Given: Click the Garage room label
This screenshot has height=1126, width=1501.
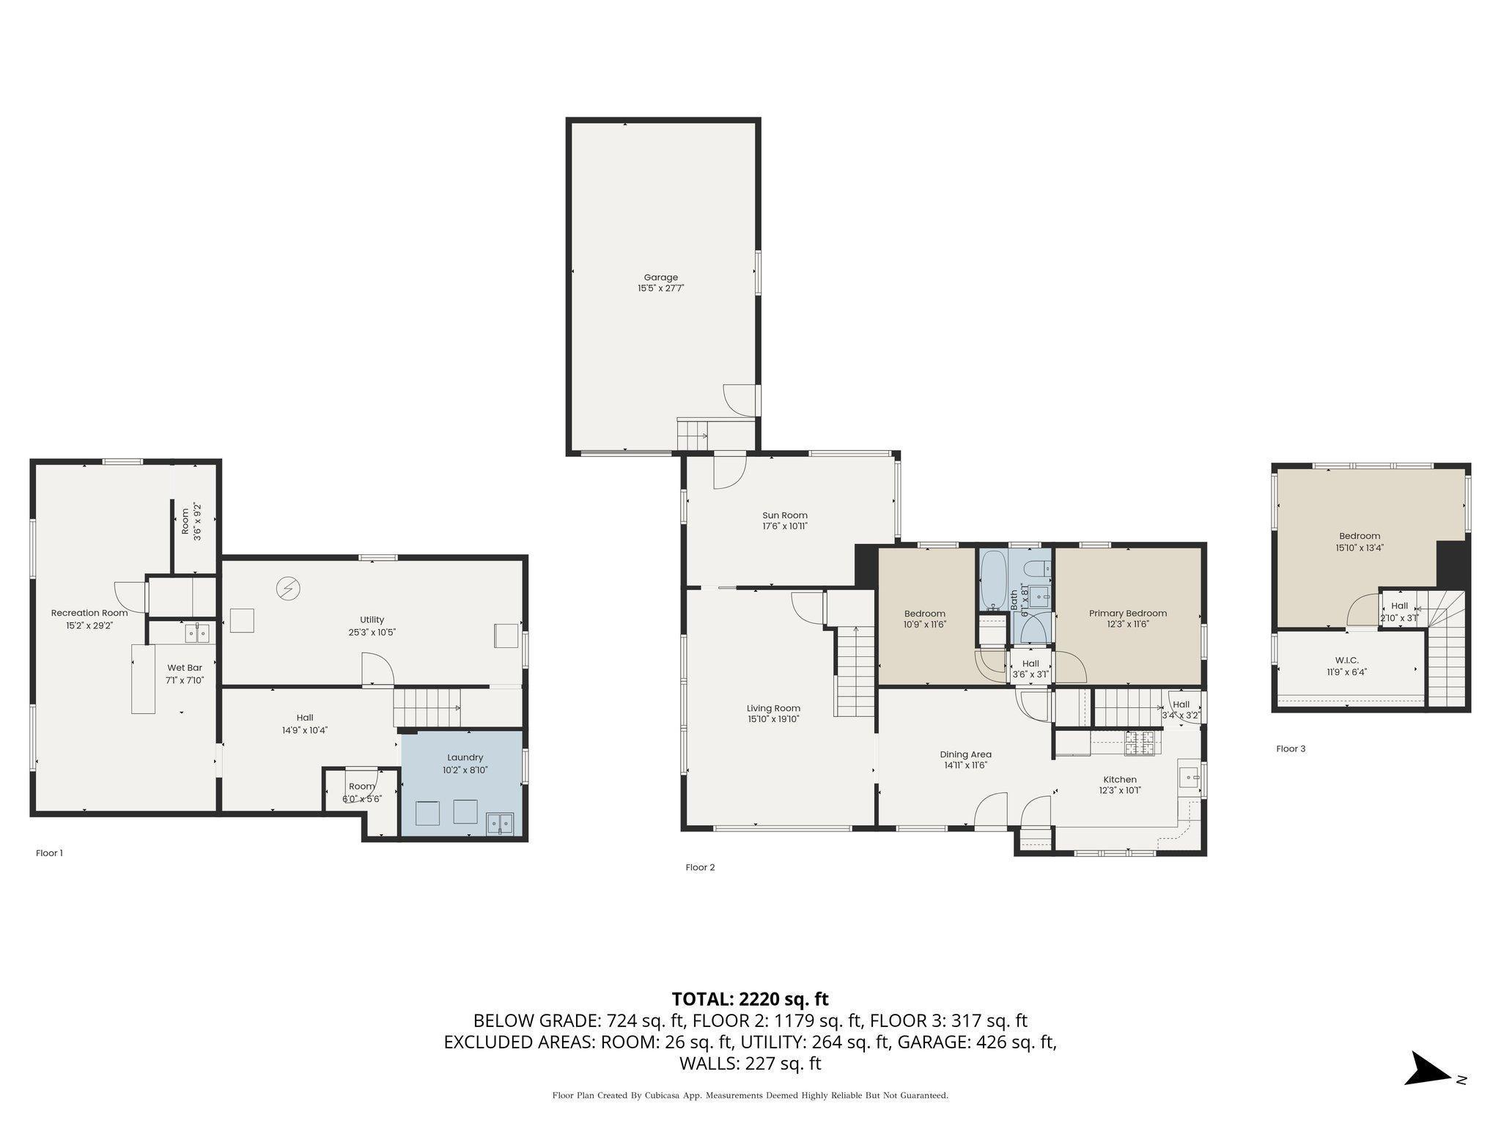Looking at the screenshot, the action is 660,277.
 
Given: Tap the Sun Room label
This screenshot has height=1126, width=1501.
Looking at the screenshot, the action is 784,515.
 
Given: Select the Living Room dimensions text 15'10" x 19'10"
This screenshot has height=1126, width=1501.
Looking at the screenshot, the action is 773,719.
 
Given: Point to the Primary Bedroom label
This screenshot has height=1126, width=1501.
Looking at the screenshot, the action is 1127,614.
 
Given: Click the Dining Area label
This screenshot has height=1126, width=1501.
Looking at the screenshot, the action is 965,754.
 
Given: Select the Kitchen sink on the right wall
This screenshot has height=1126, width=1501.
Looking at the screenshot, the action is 1190,775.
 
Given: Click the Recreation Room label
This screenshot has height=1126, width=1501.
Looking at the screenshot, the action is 89,613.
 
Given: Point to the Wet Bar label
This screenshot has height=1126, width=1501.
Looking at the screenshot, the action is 185,668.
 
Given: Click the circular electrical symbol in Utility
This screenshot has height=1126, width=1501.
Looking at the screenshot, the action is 288,587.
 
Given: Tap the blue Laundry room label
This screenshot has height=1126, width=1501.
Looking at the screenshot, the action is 465,757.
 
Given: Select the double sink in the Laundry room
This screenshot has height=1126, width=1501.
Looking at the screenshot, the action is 500,824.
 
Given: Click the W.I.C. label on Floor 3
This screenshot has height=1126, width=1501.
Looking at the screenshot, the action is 1347,660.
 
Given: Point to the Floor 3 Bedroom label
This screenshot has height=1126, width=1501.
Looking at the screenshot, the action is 1360,536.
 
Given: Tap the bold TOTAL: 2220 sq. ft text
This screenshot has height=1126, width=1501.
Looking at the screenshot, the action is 750,998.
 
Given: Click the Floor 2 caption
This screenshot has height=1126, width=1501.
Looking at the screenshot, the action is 700,867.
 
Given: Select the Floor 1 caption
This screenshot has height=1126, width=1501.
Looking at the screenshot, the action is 49,853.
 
